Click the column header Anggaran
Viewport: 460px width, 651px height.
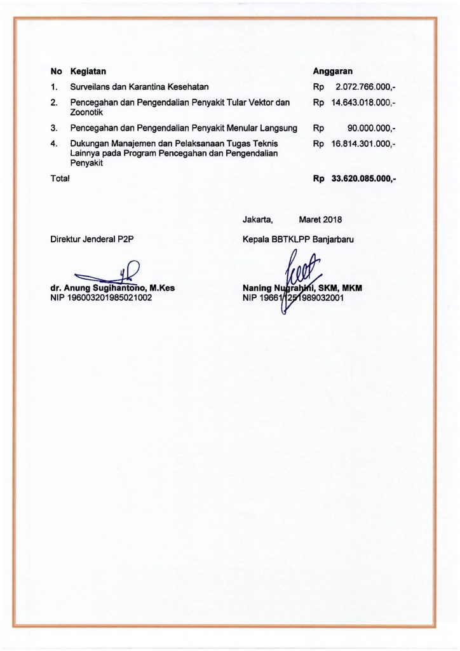332,71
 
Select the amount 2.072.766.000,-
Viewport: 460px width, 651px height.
365,86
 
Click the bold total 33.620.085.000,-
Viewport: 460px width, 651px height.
363,179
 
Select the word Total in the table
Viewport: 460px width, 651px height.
60,179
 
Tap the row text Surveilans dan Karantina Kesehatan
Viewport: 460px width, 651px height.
140,86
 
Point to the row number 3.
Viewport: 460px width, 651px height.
54,128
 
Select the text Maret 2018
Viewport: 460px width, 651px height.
320,220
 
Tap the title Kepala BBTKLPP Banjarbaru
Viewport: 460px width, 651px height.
298,239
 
